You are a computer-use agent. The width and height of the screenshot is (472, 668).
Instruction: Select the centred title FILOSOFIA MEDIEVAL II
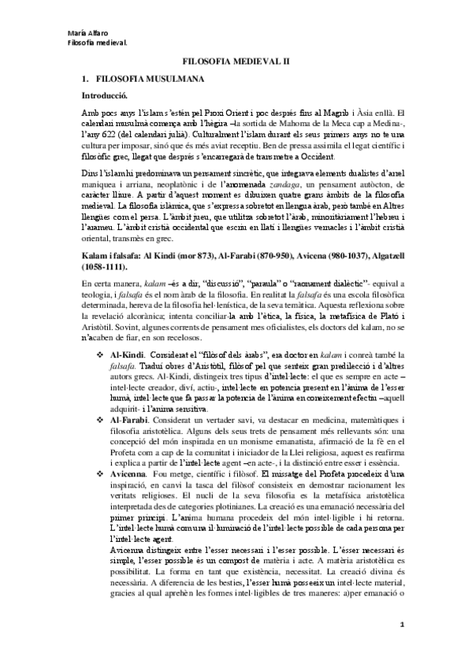coord(236,60)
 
